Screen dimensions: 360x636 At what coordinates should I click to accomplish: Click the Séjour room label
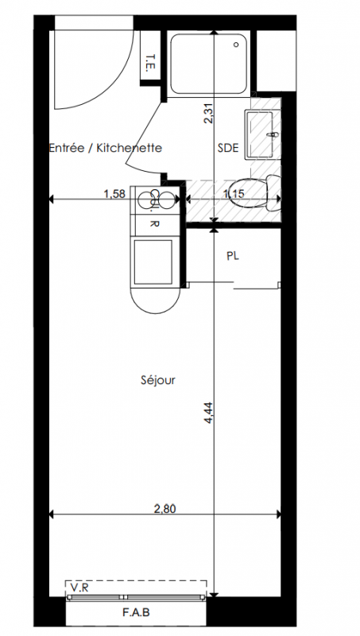point(158,381)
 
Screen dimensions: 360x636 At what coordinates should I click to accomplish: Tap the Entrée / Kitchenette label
point(106,148)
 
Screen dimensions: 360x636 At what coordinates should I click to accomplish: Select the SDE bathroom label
point(228,148)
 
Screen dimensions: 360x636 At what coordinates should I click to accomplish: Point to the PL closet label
point(232,256)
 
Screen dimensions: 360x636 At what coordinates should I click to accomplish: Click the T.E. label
point(151,63)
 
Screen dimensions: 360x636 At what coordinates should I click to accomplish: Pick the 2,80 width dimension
point(165,509)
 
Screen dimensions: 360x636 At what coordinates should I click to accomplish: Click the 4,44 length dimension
point(208,413)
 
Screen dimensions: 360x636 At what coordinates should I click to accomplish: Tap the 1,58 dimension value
point(114,194)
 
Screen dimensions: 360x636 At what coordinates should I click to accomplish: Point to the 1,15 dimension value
point(234,194)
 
